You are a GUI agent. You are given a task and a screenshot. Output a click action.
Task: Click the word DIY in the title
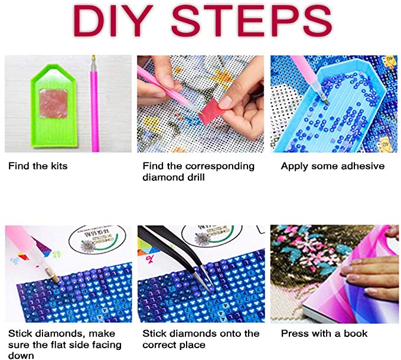point(113,21)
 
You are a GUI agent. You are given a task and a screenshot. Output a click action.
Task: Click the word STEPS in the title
point(252,21)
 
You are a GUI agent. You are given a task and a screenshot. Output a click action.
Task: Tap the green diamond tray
point(54,106)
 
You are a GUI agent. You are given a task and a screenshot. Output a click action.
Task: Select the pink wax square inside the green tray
point(54,103)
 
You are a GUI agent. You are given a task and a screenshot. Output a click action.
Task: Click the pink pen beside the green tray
point(94,103)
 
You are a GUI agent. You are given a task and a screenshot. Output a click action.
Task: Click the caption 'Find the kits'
point(38,166)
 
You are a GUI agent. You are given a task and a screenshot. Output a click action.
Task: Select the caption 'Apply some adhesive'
point(332,166)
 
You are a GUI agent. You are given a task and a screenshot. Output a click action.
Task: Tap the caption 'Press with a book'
point(324,333)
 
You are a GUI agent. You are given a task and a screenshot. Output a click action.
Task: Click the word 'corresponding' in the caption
point(220,167)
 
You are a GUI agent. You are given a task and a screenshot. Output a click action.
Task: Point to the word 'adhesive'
point(363,166)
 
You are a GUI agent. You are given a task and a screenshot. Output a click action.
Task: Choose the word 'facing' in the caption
point(107,345)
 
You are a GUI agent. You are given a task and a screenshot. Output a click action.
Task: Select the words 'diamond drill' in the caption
point(174,177)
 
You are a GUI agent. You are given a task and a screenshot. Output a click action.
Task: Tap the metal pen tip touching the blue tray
point(325,99)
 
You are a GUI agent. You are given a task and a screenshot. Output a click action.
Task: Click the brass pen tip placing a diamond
point(53,275)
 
